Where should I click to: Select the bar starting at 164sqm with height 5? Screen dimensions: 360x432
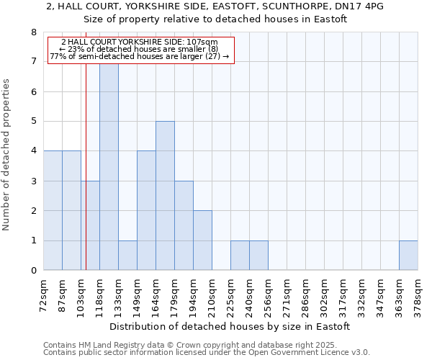[165, 196]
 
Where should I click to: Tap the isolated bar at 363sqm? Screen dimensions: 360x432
[408, 256]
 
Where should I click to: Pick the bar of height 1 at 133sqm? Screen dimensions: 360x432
[127, 256]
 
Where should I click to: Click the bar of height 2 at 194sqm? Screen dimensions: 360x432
[202, 240]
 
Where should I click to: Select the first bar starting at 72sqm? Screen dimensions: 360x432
[53, 210]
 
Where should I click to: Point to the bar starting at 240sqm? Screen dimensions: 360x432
[258, 256]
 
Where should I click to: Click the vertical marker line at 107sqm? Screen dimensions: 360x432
[86, 180]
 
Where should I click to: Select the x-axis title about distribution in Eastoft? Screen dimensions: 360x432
[230, 326]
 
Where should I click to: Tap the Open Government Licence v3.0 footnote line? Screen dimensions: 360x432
[206, 352]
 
